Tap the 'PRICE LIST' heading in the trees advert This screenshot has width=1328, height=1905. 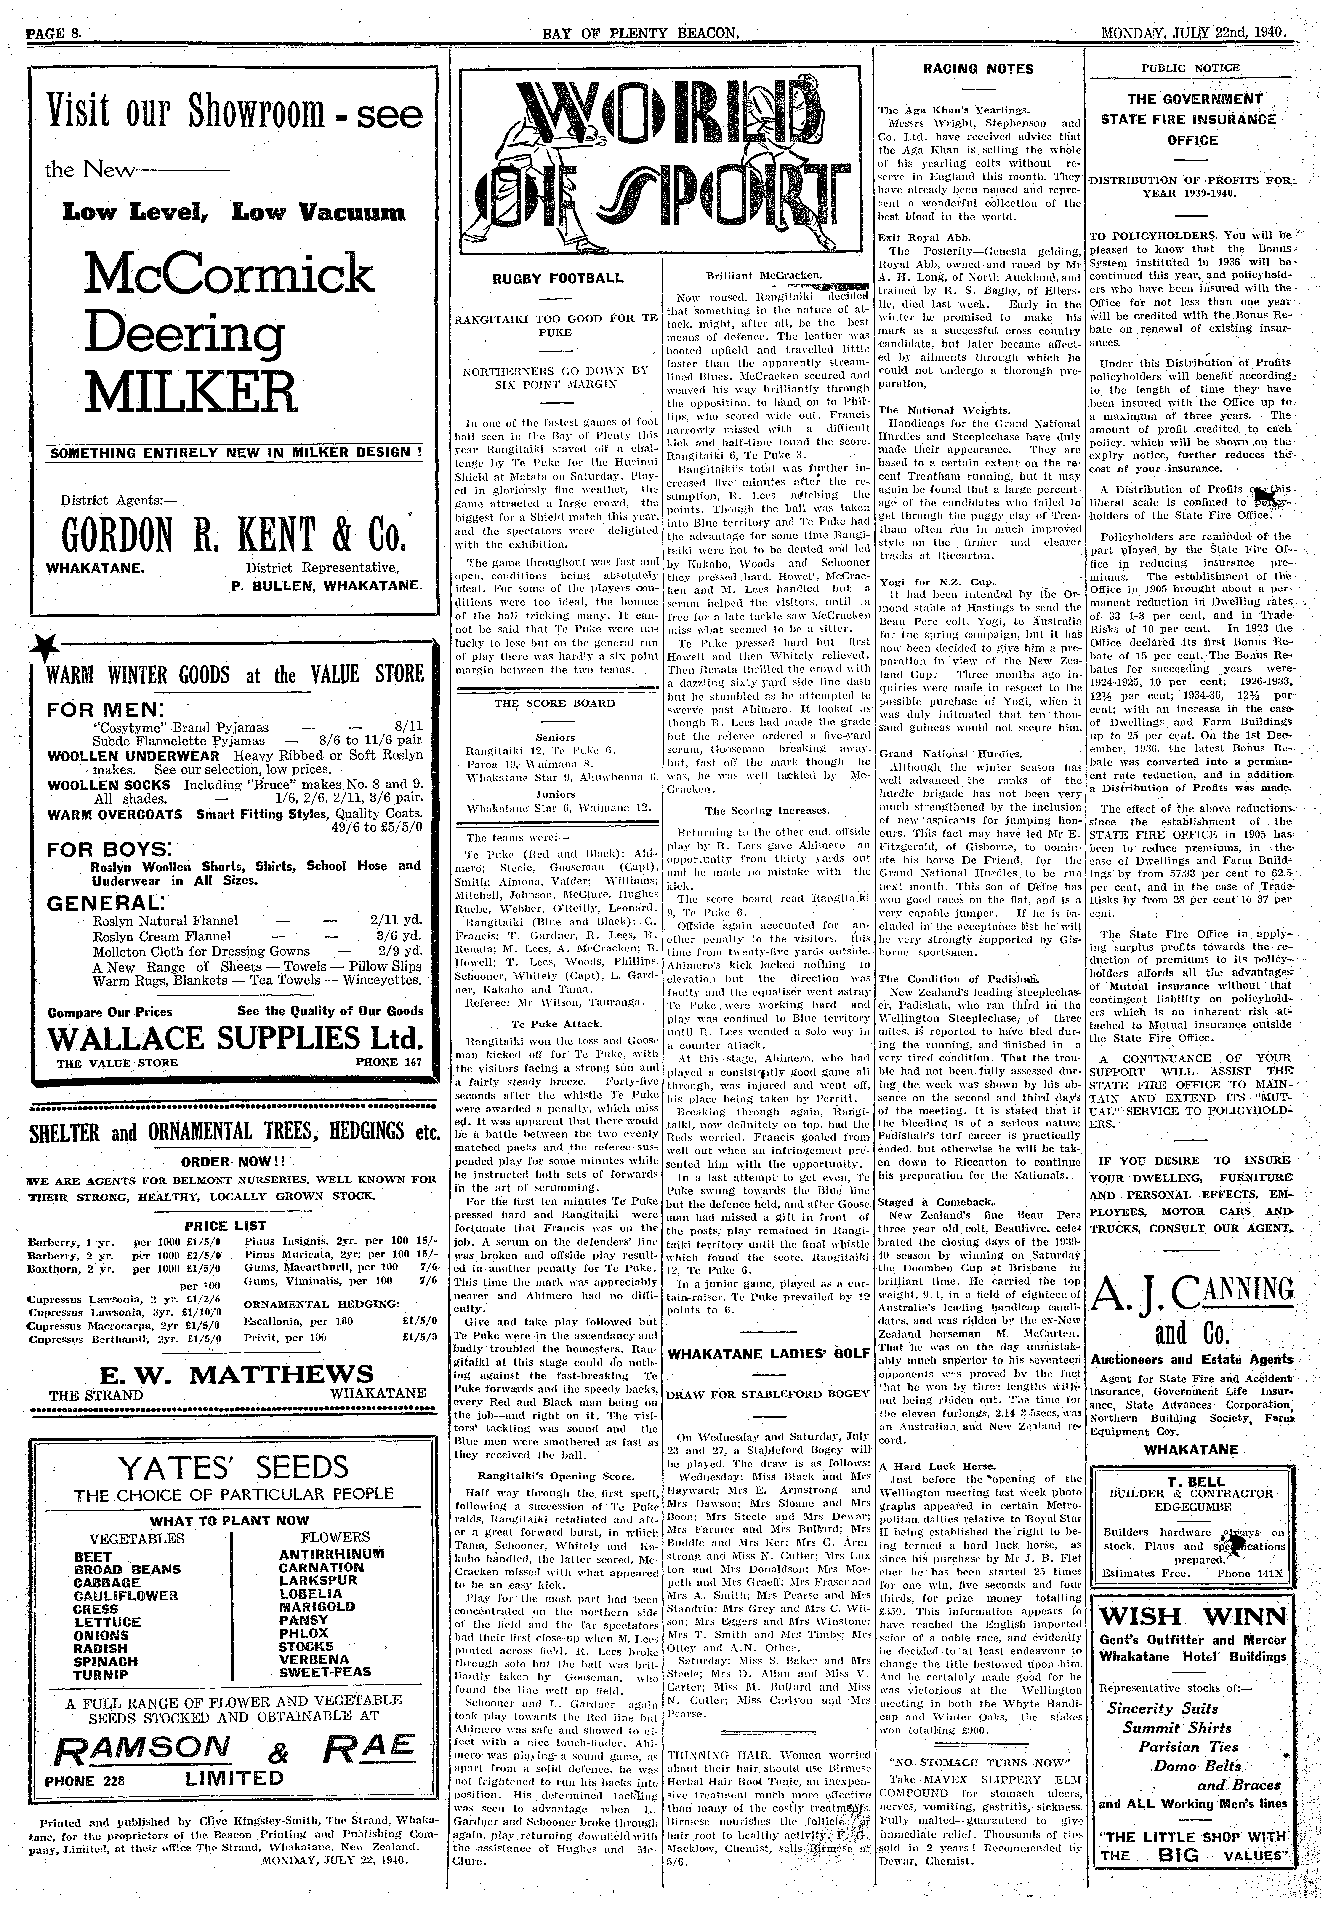tap(226, 1225)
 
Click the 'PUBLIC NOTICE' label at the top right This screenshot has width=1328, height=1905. tap(1190, 68)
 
